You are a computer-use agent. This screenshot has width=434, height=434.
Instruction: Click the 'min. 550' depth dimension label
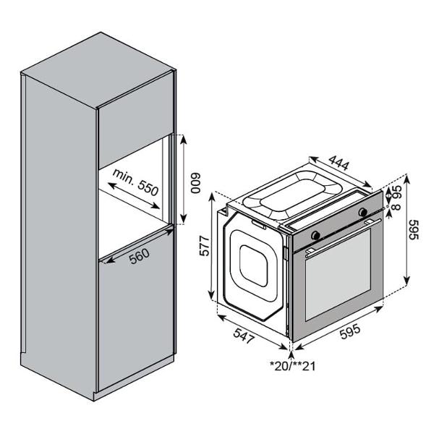click(x=136, y=182)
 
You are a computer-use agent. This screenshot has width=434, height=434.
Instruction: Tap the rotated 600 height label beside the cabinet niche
click(x=196, y=183)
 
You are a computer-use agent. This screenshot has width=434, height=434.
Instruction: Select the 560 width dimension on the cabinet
click(x=140, y=256)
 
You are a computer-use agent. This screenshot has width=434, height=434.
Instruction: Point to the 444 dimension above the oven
click(x=339, y=163)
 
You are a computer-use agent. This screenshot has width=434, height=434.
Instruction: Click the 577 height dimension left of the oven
click(x=205, y=245)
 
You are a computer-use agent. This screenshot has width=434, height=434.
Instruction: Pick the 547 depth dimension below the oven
click(x=244, y=335)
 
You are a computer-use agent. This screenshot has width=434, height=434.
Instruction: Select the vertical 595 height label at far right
click(x=414, y=230)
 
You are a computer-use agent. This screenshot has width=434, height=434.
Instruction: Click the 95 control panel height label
click(x=397, y=192)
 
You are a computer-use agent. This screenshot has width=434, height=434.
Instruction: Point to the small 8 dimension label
click(x=397, y=206)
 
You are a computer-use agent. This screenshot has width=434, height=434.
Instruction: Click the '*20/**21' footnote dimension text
click(x=292, y=366)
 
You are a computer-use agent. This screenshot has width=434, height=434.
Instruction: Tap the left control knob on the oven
click(x=315, y=235)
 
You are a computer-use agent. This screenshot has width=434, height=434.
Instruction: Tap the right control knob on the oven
click(x=362, y=212)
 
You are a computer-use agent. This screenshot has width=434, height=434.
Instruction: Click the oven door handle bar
click(x=343, y=237)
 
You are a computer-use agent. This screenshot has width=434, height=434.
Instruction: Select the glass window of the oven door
click(x=338, y=275)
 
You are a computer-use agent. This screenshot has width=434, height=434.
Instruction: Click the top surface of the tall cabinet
click(x=98, y=70)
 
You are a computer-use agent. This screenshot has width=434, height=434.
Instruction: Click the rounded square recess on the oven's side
click(x=253, y=265)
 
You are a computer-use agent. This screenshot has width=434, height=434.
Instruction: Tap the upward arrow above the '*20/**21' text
click(x=291, y=355)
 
